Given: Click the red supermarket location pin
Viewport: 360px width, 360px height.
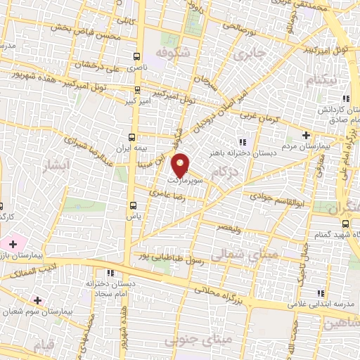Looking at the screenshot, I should tap(181, 165).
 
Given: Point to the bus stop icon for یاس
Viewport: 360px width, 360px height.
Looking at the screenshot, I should tap(133, 205).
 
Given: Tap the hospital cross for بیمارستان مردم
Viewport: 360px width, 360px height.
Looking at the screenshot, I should tap(306, 135).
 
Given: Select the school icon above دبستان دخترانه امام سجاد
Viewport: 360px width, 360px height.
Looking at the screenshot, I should tap(110, 273).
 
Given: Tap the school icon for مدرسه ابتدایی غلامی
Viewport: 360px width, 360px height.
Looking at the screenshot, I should tap(322, 294).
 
